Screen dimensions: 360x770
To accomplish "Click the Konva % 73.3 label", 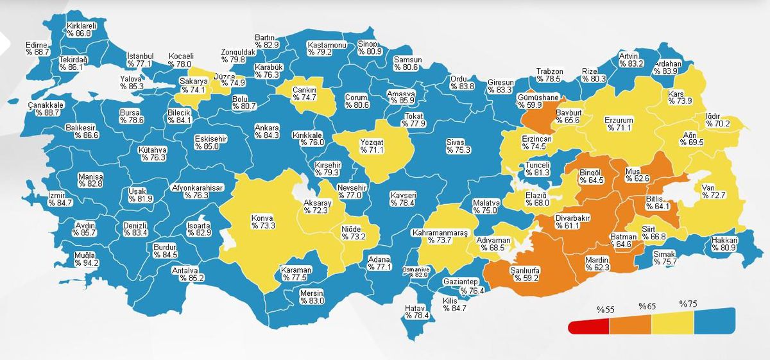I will [x=262, y=221].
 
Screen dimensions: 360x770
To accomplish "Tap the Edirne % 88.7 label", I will [x=37, y=48].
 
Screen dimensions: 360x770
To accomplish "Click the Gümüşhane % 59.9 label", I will [x=539, y=101].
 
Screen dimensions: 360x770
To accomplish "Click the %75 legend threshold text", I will [x=688, y=304].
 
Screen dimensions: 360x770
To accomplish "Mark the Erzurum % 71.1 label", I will [x=619, y=123].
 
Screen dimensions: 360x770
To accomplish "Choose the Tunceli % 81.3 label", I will [x=537, y=168].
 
